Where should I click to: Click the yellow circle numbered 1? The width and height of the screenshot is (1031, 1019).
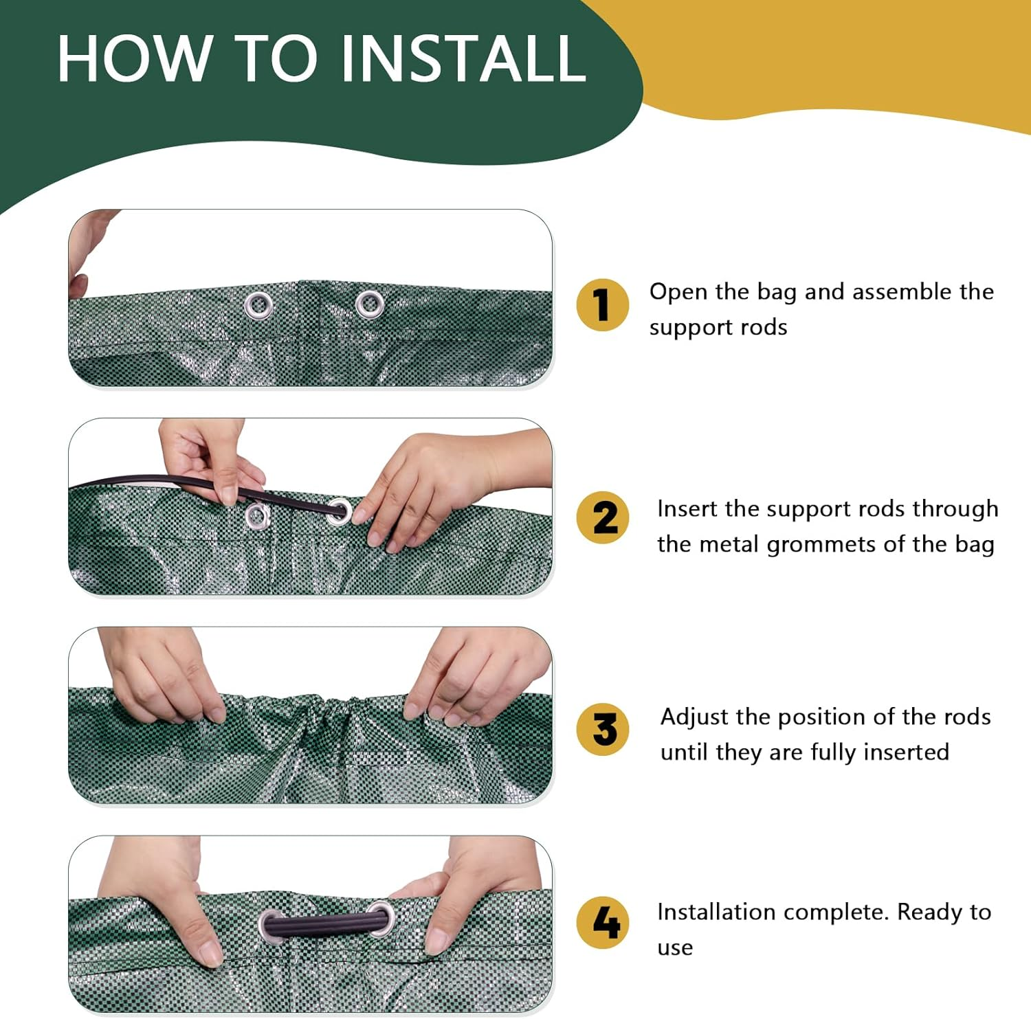[x=603, y=305]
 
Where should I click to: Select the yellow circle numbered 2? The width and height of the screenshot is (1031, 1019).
[x=603, y=518]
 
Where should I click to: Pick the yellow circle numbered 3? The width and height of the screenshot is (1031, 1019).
[x=603, y=730]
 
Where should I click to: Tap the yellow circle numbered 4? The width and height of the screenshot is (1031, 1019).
[x=603, y=923]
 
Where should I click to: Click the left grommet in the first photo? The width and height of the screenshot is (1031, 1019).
[x=258, y=304]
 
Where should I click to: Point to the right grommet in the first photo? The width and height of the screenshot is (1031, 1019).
[x=370, y=303]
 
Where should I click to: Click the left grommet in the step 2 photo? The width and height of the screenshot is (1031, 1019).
[x=257, y=516]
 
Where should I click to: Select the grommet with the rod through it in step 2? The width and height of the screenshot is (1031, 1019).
[x=339, y=511]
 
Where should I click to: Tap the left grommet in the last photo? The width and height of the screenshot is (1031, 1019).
[x=271, y=926]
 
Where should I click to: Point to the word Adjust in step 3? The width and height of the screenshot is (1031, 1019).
[x=694, y=717]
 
